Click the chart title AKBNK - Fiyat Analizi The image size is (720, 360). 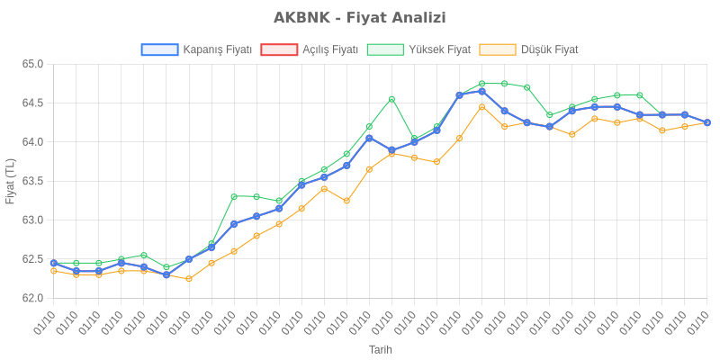pyautogui.click(x=360, y=18)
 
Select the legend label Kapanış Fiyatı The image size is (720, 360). pyautogui.click(x=217, y=49)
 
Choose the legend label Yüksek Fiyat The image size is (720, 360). pyautogui.click(x=439, y=49)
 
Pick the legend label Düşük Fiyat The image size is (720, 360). pyautogui.click(x=549, y=49)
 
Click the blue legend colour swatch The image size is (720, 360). pyautogui.click(x=159, y=49)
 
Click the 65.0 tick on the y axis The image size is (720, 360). pyautogui.click(x=33, y=64)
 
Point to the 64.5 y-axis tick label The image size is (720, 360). pyautogui.click(x=33, y=103)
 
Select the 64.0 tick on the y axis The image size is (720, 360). pyautogui.click(x=33, y=142)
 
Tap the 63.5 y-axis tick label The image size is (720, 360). pyautogui.click(x=33, y=181)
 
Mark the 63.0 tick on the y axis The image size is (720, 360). pyautogui.click(x=33, y=220)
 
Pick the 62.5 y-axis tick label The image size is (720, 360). pyautogui.click(x=33, y=259)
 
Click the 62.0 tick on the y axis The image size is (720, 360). pyautogui.click(x=33, y=298)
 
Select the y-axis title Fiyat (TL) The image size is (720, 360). pyautogui.click(x=11, y=181)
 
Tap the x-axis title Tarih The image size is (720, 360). pyautogui.click(x=380, y=349)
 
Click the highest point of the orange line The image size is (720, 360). pyautogui.click(x=481, y=107)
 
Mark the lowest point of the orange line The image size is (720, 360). pyautogui.click(x=189, y=279)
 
